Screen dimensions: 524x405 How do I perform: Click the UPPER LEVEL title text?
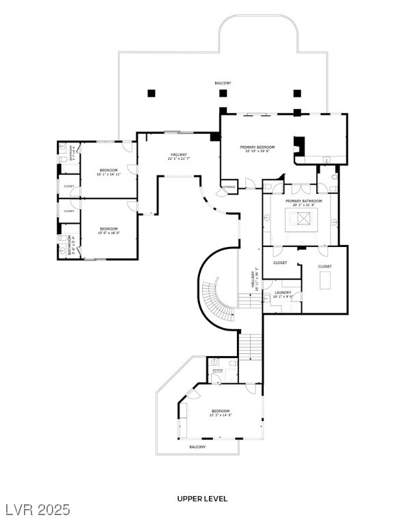pos(202,499)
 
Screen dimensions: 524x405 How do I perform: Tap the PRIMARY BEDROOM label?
pos(257,147)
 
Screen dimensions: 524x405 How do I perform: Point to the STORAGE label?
pos(229,186)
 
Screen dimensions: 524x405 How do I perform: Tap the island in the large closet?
pos(324,280)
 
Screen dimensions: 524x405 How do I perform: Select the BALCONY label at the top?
pos(223,83)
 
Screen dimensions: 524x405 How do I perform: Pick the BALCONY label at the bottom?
pos(197,447)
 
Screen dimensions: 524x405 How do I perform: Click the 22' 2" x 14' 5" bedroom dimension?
pos(220,415)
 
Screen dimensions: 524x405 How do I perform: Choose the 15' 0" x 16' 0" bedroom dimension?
pos(109,233)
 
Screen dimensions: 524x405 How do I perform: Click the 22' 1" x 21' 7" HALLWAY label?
pos(179,158)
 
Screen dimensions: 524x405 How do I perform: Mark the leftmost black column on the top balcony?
pos(151,93)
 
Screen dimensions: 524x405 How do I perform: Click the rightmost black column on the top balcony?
pos(297,93)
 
